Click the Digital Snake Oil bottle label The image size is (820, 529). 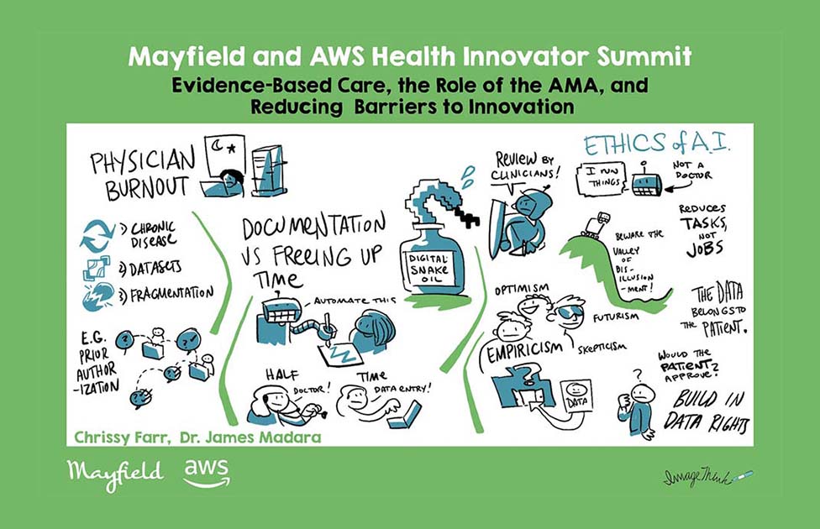point(428,268)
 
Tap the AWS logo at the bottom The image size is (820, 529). point(207,473)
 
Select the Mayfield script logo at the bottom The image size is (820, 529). point(115,474)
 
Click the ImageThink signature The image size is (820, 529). point(708,477)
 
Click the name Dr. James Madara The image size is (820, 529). point(250,437)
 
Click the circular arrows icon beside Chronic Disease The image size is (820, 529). point(97,235)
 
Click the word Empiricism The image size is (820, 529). point(524,353)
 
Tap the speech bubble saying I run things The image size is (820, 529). point(600,178)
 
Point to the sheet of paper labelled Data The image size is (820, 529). point(576,396)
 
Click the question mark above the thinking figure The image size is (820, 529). point(637,374)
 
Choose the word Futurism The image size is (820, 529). point(616,317)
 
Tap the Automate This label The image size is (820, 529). point(355,301)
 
